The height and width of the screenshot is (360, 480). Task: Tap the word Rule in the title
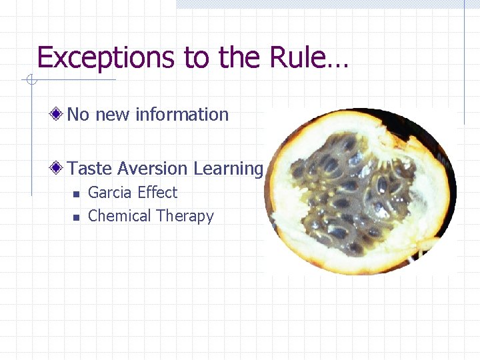tap(295, 58)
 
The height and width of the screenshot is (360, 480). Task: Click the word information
tap(182, 115)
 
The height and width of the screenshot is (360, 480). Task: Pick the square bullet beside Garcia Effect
tap(76, 194)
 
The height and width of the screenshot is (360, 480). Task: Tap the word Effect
tap(157, 193)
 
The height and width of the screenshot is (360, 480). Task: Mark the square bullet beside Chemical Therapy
tap(76, 217)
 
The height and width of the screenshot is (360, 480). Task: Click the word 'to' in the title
tap(195, 58)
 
